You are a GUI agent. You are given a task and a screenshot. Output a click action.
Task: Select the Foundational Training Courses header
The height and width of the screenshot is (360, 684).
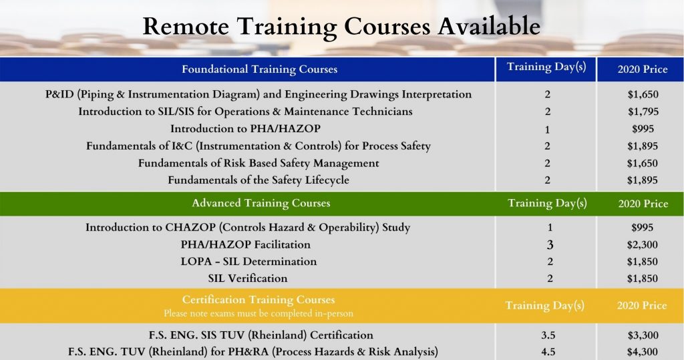tap(259, 69)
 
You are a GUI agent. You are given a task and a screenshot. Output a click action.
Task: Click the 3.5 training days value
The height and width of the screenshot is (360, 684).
tap(547, 335)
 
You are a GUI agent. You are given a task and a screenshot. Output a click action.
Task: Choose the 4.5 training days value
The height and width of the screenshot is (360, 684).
tap(547, 352)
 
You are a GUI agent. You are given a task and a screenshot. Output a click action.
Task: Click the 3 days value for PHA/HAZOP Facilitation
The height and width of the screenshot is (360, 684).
tap(549, 245)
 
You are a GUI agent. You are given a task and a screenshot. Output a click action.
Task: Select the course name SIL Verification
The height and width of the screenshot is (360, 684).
tap(248, 279)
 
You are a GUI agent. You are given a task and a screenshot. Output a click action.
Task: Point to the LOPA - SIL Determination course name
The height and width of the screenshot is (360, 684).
tap(248, 262)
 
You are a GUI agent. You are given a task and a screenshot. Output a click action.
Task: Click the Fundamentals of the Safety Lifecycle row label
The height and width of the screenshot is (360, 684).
tap(259, 180)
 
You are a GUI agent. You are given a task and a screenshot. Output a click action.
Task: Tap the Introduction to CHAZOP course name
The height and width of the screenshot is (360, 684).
tap(248, 228)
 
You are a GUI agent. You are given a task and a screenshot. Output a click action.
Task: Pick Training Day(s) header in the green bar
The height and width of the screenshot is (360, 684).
tap(547, 203)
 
